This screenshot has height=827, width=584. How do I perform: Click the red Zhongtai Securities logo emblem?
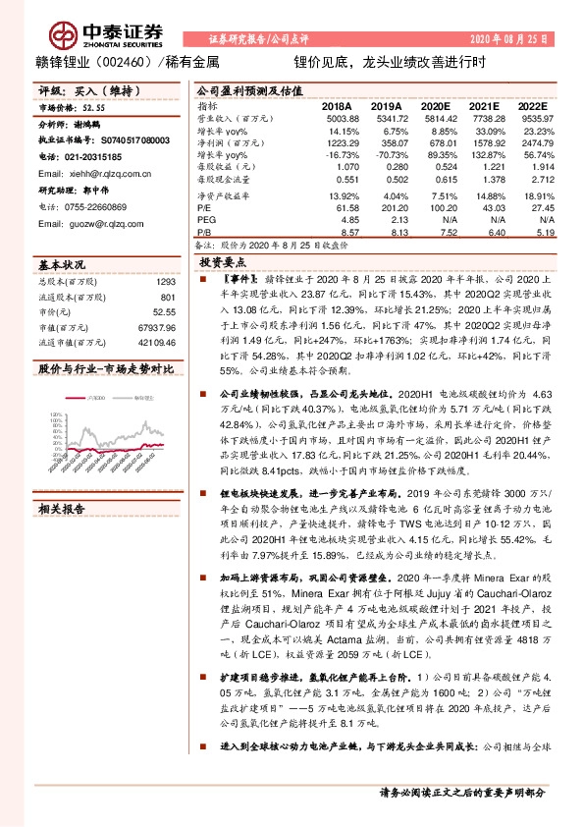65,37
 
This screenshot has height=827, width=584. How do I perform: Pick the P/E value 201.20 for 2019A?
386,182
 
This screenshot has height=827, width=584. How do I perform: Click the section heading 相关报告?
62,509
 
